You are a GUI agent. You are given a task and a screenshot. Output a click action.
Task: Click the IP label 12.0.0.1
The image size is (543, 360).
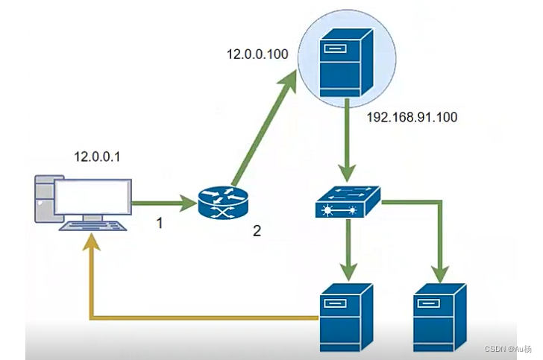[x=97, y=157]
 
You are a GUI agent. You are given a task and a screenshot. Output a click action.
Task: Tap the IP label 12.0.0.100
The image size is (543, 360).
[x=257, y=54]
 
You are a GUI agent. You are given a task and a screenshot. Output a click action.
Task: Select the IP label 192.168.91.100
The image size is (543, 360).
[x=412, y=117]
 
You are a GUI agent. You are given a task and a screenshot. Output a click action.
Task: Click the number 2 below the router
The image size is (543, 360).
[x=257, y=231]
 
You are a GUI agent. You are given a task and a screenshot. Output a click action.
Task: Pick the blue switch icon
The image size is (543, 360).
[x=347, y=202]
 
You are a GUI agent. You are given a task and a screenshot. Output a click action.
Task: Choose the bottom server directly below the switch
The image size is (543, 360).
[x=345, y=317]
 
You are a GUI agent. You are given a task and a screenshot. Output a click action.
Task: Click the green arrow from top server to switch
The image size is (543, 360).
[x=346, y=142]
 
